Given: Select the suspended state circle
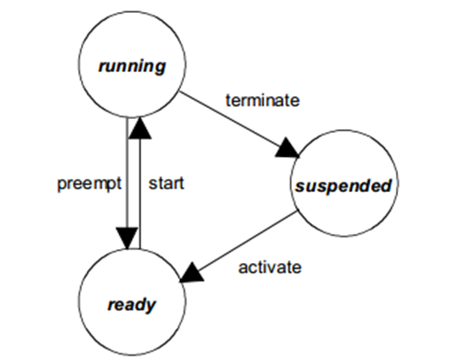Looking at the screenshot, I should click(344, 186).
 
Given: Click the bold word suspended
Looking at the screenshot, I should click(344, 186).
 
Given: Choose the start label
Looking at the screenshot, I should click(166, 184).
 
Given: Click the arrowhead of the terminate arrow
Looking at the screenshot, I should click(290, 149).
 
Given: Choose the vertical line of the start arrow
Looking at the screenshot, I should click(138, 194).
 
